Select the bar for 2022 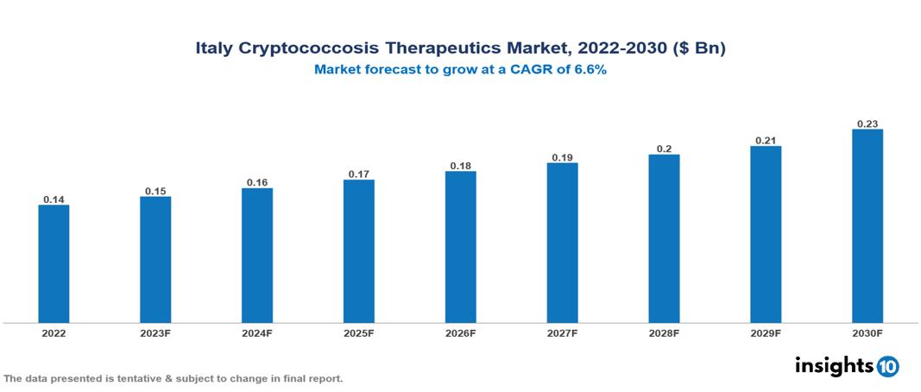54,263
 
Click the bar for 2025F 358,251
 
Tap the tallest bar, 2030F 867,226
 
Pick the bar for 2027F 562,243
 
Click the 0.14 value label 54,199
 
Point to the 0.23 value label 867,123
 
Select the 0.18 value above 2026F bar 460,166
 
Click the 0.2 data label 664,149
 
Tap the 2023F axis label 155,332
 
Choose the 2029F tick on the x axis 766,332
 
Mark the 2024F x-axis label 256,332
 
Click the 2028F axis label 664,332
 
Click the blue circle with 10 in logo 887,367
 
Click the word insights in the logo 834,366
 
